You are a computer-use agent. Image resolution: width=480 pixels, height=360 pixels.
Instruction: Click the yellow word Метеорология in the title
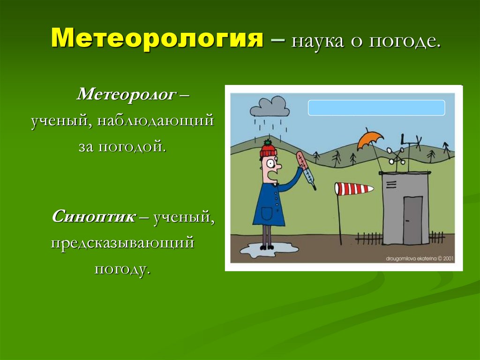tap(156, 38)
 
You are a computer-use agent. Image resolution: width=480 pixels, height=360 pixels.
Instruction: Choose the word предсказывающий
tap(122, 243)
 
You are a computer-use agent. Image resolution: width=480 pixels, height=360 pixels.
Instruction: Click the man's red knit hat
tap(268, 149)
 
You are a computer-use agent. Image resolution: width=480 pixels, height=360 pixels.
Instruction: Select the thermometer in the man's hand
tap(305, 170)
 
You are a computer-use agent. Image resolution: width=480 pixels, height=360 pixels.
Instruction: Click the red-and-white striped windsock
tap(354, 189)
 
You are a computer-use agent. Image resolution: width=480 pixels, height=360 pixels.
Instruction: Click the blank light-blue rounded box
tap(376, 107)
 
